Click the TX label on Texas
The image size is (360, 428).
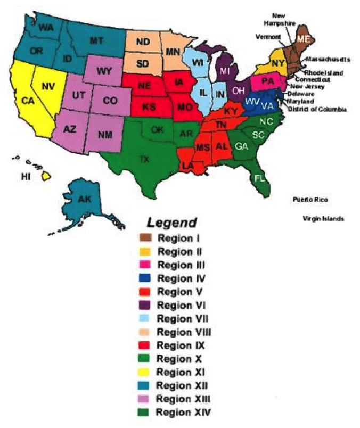coord(143,159)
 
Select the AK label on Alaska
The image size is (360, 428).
coord(85,200)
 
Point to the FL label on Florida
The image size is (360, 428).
coord(260,177)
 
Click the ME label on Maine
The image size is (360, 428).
coord(303,39)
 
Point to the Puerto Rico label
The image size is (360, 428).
coord(309,200)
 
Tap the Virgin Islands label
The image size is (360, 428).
coord(323,219)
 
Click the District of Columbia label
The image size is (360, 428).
coord(317,109)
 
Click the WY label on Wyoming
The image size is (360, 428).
coord(103,70)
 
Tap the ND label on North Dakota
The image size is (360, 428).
coord(143,42)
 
